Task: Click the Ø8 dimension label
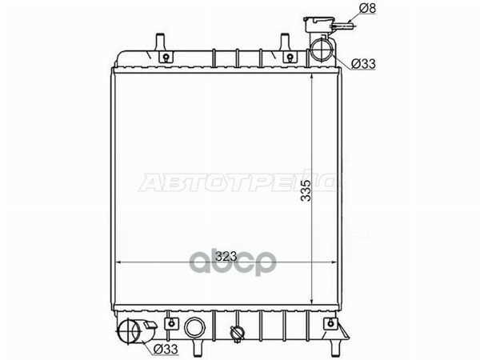click(367, 8)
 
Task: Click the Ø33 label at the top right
click(363, 64)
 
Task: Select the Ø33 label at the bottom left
click(166, 349)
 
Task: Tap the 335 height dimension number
click(306, 190)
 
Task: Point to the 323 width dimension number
click(226, 256)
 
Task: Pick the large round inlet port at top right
click(321, 50)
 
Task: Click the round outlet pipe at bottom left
click(130, 331)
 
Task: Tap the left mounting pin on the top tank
click(160, 42)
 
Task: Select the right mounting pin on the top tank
click(285, 42)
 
